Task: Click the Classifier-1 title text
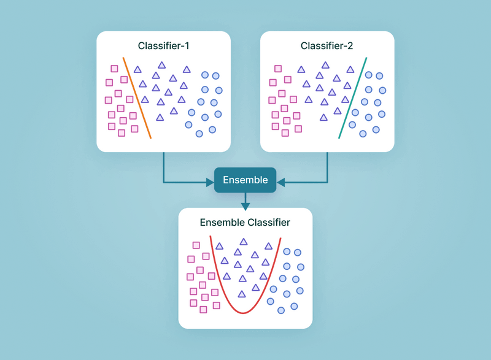pos(163,46)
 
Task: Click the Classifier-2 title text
pos(327,46)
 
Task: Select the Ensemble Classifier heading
pos(245,223)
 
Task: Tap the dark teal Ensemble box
pos(245,180)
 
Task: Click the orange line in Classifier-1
pos(137,98)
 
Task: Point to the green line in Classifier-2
pos(353,98)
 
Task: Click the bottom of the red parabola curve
pos(243,313)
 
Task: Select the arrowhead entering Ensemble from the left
pos(209,182)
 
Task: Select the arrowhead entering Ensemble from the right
pos(280,182)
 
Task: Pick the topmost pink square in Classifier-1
pos(114,69)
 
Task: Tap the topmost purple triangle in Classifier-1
pos(161,65)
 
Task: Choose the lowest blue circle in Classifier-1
pos(199,133)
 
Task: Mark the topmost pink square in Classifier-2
pos(278,69)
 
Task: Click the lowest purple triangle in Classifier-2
pos(323,117)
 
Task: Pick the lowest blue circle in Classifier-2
pos(363,133)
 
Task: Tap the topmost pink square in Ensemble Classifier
pos(196,245)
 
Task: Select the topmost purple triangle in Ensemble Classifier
pos(244,242)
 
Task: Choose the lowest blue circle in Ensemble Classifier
pos(281,310)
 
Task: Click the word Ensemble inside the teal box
pos(245,180)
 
